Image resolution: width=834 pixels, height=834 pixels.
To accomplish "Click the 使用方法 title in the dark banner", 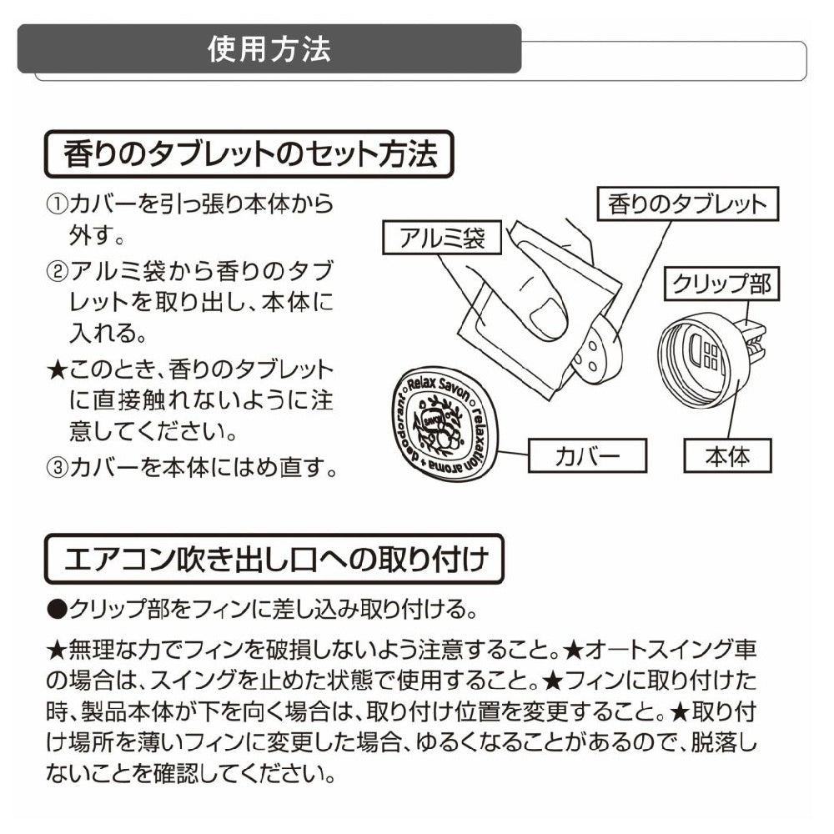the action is [x=269, y=49].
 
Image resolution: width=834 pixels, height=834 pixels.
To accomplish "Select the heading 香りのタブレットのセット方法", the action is [x=249, y=154].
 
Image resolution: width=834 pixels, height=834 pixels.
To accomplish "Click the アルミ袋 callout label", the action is [x=442, y=238].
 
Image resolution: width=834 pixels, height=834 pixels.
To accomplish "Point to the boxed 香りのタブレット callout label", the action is [x=688, y=204].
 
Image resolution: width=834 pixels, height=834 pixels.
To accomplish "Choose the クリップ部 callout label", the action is [x=721, y=284].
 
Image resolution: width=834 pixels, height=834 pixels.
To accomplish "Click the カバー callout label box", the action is [x=587, y=456].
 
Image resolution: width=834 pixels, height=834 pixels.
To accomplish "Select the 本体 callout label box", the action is [x=727, y=456].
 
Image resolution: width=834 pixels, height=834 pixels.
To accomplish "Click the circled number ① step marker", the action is [x=57, y=205].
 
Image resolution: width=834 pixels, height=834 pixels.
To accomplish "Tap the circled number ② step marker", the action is [x=57, y=272].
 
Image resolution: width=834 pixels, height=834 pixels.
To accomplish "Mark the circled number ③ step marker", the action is [x=57, y=468].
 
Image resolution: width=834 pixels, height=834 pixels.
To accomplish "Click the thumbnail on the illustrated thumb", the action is [x=549, y=318].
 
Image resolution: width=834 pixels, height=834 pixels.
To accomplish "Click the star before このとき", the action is [x=57, y=369].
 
